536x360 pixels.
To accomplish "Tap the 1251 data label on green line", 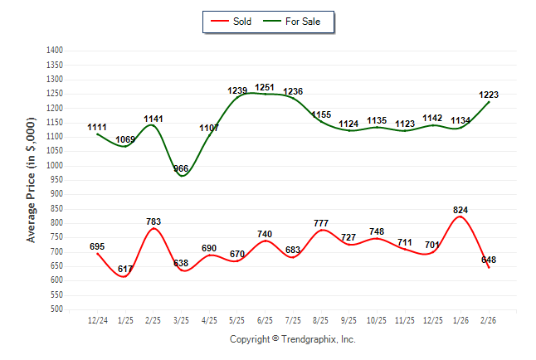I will pyautogui.click(x=266, y=87).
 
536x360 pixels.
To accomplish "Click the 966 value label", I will pyautogui.click(x=182, y=168).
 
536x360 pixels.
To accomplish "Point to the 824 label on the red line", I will pyautogui.click(x=460, y=210).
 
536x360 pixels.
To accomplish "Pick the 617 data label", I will pyautogui.click(x=125, y=269).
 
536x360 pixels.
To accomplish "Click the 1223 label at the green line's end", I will pyautogui.click(x=489, y=95).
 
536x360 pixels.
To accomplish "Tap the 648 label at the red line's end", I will pyautogui.click(x=489, y=260).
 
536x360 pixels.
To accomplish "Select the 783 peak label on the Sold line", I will pyautogui.click(x=153, y=221).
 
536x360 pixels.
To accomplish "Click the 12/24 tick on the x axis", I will pyautogui.click(x=97, y=319).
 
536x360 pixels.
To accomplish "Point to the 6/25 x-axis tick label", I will pyautogui.click(x=266, y=319).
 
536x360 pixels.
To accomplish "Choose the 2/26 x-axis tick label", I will pyautogui.click(x=489, y=319).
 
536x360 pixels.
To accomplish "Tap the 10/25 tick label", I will pyautogui.click(x=377, y=319).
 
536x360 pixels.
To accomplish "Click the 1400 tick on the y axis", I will pyautogui.click(x=55, y=51).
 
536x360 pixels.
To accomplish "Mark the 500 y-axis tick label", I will pyautogui.click(x=57, y=309).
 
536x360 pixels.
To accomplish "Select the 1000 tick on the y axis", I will pyautogui.click(x=55, y=166).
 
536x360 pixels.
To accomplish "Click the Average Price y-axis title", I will pyautogui.click(x=32, y=180).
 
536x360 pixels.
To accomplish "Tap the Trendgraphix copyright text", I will pyautogui.click(x=292, y=339).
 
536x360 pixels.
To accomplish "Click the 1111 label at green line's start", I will pyautogui.click(x=97, y=127).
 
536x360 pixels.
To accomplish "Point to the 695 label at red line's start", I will pyautogui.click(x=97, y=246).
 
